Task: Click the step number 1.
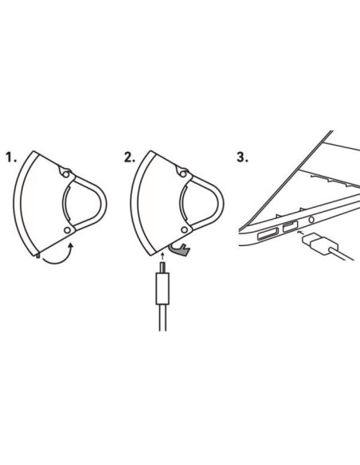click(x=11, y=157)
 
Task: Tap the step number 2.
click(x=129, y=157)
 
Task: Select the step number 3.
click(x=242, y=157)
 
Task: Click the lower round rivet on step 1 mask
click(x=68, y=230)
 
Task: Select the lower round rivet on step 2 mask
click(x=184, y=230)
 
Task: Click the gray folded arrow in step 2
click(x=180, y=250)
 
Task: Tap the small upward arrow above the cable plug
click(x=162, y=256)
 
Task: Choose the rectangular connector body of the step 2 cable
click(x=162, y=288)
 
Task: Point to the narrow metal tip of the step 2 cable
click(x=162, y=268)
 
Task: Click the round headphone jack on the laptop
click(x=311, y=220)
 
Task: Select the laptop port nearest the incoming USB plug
click(x=291, y=227)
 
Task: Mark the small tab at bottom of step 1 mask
click(x=37, y=256)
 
